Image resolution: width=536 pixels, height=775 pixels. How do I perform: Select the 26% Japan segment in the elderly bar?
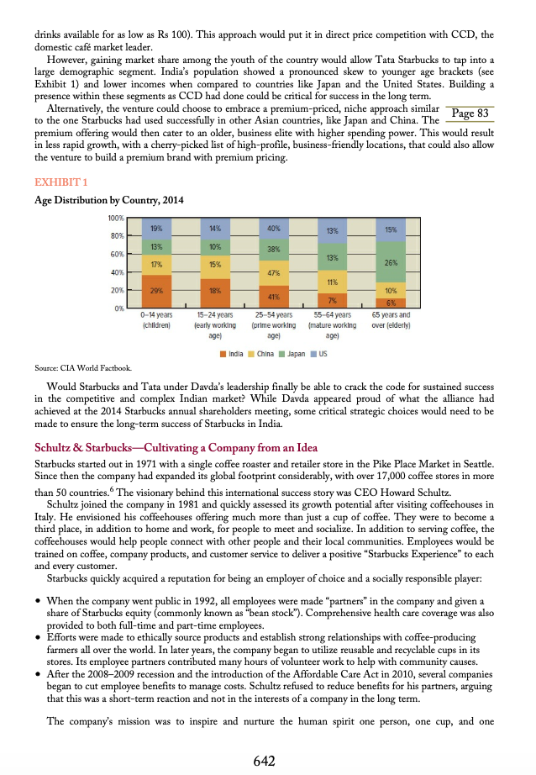coord(391,262)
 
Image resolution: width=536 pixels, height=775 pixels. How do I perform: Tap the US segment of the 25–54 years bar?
coord(273,228)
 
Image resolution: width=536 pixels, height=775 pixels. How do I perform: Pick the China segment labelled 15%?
coord(215,265)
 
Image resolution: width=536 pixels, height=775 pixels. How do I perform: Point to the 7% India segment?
coord(332,300)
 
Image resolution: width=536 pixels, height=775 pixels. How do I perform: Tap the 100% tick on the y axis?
coord(116,219)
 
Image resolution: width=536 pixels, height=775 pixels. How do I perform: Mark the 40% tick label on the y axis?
coord(118,272)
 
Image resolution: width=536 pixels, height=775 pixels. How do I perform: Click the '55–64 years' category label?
coord(332,314)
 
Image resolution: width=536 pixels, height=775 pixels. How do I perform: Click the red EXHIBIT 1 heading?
coord(60,182)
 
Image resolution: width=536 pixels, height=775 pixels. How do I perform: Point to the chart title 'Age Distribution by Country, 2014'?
coord(109,200)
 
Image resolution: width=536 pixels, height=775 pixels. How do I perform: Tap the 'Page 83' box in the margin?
coord(470,113)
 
